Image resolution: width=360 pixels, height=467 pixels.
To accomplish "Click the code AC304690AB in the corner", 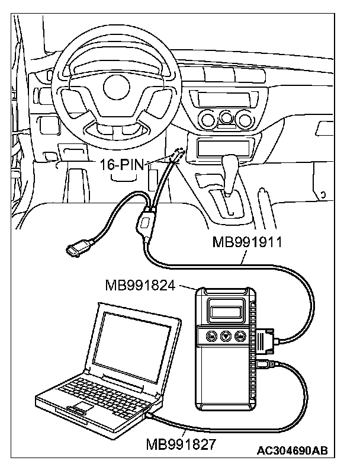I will pos(291,451).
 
